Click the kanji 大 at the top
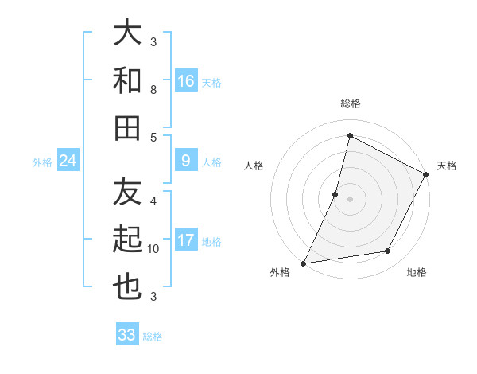pos(128,33)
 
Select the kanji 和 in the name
pos(128,80)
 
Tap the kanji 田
pos(128,127)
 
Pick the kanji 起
pos(128,240)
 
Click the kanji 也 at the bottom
pos(128,287)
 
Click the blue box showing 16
pos(186,81)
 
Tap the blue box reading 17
pos(186,241)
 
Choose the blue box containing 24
pos(68,162)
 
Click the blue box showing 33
pos(127,335)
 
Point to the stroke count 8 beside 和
pos(153,90)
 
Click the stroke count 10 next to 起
pos(153,249)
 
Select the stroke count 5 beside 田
pos(153,137)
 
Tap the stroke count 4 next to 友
pos(153,201)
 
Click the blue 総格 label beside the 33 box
pos(153,337)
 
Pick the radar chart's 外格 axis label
pos(280,272)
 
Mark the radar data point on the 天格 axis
pos(426,175)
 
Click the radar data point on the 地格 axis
pos(388,251)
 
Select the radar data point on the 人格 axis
pos(335,194)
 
